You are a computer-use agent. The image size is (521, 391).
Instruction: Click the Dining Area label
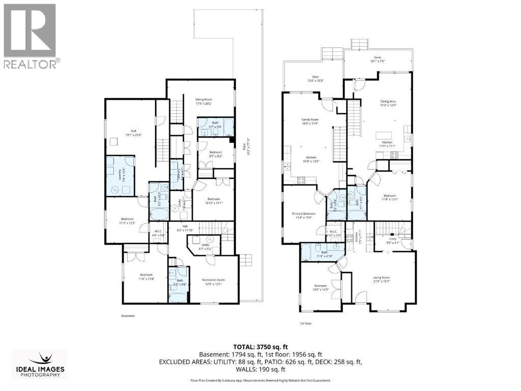[388, 101]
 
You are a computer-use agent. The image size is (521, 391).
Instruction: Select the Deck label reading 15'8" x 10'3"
[315, 77]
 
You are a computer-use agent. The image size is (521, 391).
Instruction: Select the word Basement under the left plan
[128, 316]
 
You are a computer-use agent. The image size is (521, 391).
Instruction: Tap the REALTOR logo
[30, 35]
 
